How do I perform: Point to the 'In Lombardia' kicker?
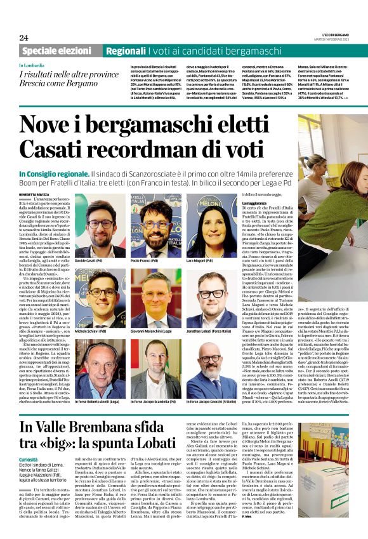click(31, 65)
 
